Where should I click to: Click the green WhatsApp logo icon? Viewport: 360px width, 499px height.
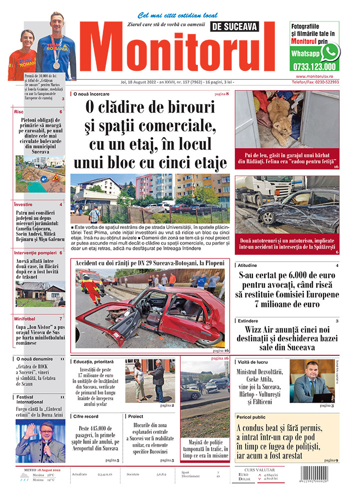pos(330,51)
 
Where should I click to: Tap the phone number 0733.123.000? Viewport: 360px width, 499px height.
pos(314,66)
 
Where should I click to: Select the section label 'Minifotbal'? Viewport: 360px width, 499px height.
pos(25,318)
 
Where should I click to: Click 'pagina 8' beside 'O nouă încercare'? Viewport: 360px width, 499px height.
pos(221,94)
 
